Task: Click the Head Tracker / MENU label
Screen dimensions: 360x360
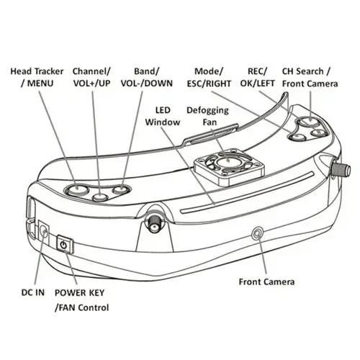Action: (x=37, y=78)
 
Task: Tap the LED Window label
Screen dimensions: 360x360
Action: (x=163, y=117)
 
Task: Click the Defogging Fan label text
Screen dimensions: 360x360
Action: (x=208, y=117)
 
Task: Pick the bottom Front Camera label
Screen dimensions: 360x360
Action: (x=267, y=282)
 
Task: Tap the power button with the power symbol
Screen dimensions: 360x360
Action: (x=64, y=246)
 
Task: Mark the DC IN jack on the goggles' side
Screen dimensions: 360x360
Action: (x=43, y=233)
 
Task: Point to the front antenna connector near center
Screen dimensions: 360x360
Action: (x=155, y=222)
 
